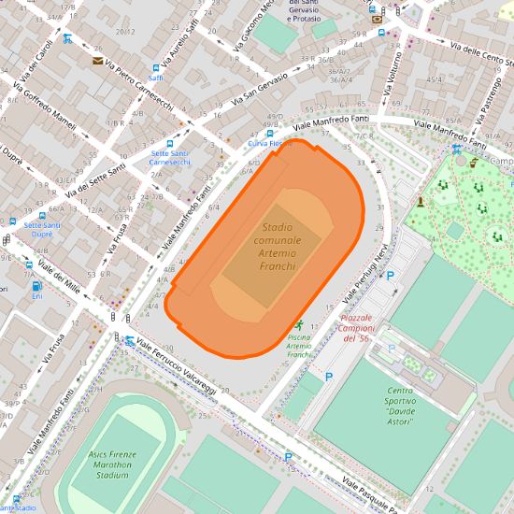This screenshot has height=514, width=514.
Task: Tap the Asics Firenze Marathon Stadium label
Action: pos(113,464)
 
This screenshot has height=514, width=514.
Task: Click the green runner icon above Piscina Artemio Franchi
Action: pos(298,323)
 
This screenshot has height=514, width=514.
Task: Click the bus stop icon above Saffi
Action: pos(156,67)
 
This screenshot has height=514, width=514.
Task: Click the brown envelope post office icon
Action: pos(97,61)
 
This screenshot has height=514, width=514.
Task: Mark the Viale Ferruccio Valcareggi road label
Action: pos(178,365)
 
